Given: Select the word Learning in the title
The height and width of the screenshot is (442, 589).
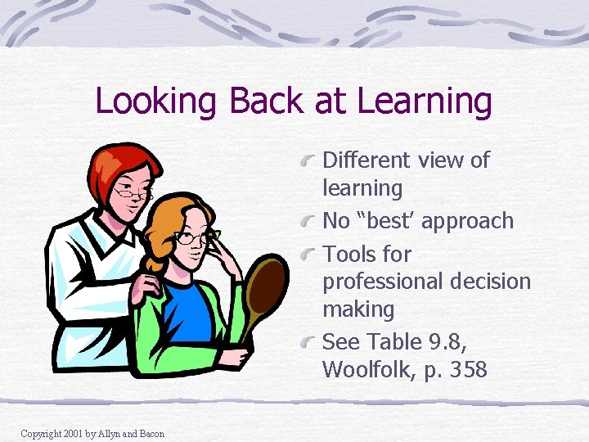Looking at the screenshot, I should [425, 102].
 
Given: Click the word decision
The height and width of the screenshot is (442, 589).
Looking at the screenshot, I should [491, 282].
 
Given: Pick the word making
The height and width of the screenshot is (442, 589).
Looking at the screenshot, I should [358, 309].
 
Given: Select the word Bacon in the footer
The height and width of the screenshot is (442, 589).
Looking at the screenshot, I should [150, 433].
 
